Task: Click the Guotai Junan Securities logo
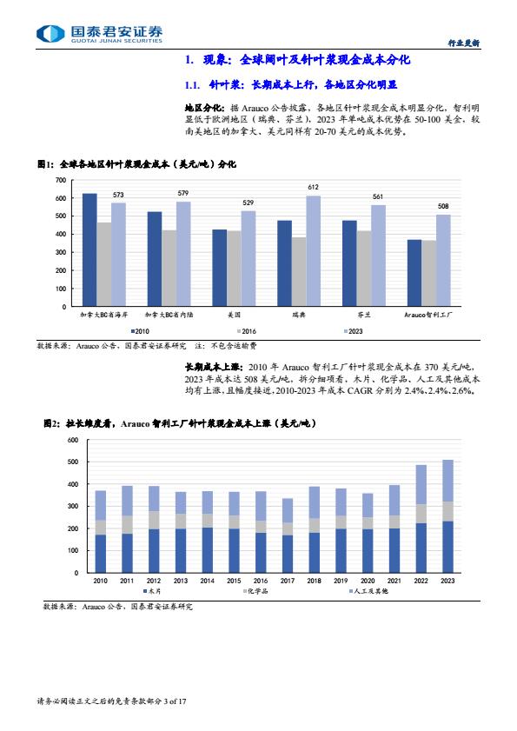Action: pos(99,34)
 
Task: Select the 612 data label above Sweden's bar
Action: pos(313,187)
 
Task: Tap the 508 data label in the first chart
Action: pos(443,206)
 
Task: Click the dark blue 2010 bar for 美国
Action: pos(220,268)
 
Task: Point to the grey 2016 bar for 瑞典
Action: pos(299,272)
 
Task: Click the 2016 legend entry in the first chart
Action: pos(247,331)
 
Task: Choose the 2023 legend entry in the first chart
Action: pos(353,331)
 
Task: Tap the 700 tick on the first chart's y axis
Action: pos(61,180)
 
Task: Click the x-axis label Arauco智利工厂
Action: pos(428,315)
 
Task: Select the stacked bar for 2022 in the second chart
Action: pos(421,518)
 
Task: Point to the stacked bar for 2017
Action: pos(288,535)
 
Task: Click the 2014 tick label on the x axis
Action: pos(207,581)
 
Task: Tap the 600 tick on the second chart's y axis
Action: pos(73,440)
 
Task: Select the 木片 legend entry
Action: pos(151,591)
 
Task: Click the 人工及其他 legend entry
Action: pos(368,591)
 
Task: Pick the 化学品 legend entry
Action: pos(255,591)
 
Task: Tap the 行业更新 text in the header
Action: pos(463,43)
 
